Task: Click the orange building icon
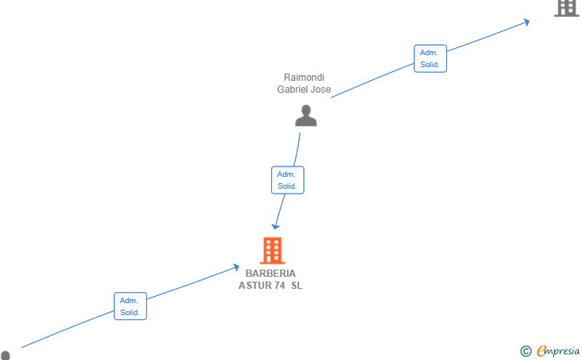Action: point(272,250)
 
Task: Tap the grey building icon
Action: point(567,8)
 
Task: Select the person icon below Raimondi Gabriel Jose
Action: point(306,115)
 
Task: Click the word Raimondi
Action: point(304,78)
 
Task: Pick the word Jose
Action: point(321,89)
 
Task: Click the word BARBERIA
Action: point(270,274)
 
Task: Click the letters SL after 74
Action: point(297,286)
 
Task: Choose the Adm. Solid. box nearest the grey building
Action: point(430,58)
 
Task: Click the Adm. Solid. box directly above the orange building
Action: point(288,180)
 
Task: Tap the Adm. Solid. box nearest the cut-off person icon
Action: point(130,306)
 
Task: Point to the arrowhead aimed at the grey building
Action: point(526,22)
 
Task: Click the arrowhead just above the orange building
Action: point(275,226)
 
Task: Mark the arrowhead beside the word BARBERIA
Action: point(236,267)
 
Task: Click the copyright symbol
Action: point(525,351)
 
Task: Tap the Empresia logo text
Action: point(558,350)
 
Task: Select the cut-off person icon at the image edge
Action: point(5,355)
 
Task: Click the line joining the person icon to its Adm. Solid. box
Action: point(297,150)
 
